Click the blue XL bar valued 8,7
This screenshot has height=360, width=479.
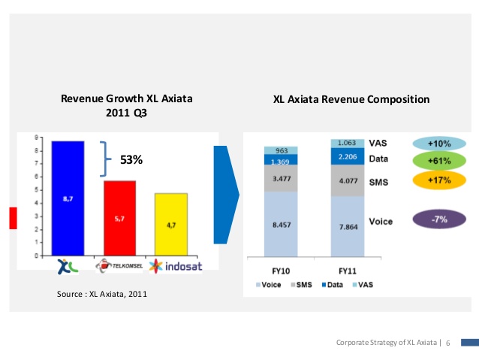68,198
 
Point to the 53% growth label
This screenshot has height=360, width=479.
131,159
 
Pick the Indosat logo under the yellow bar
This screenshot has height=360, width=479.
175,266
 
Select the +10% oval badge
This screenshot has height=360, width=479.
438,143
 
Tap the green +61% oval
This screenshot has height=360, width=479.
438,160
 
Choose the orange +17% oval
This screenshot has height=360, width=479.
438,180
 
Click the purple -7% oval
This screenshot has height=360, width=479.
438,220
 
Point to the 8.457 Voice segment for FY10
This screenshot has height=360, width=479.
282,224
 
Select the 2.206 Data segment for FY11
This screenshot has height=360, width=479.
348,156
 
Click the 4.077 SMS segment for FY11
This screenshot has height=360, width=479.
348,180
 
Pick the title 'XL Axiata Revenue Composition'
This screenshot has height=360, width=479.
351,98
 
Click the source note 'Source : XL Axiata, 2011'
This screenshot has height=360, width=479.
102,294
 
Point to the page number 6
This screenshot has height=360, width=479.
448,343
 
